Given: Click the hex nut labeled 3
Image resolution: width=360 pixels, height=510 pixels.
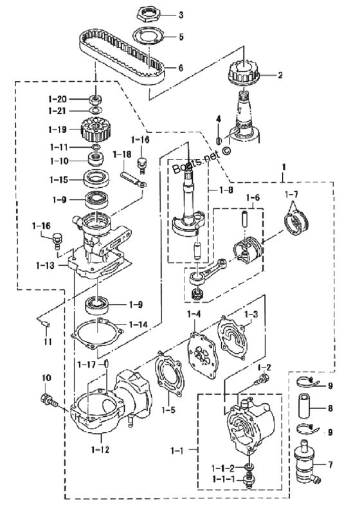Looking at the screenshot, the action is click(148, 14).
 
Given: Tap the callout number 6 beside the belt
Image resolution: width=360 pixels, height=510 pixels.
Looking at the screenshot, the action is click(181, 68).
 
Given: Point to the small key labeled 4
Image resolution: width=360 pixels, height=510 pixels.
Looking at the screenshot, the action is click(219, 141).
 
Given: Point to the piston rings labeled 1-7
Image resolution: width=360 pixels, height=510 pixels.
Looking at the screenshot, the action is click(298, 223).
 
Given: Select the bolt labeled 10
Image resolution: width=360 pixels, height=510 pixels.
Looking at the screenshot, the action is click(48, 399).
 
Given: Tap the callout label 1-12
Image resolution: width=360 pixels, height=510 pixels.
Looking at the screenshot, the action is click(100, 450).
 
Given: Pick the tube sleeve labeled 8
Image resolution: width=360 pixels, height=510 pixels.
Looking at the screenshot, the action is click(304, 405).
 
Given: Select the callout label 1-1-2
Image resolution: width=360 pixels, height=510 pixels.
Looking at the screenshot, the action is click(223, 468).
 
